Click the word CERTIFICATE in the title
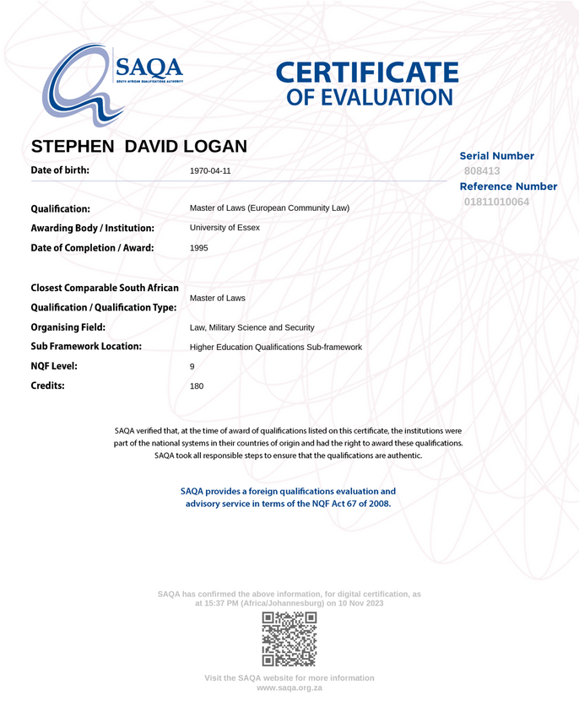pos(367,73)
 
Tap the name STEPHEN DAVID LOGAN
pos(138,146)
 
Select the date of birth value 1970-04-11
pos(210,170)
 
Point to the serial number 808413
pos(482,171)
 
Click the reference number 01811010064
pos(496,202)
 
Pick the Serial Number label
pos(496,156)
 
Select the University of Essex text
pos(225,228)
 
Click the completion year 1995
pos(199,248)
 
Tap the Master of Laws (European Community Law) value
pos(269,208)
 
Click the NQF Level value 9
pos(192,367)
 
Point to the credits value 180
pos(197,386)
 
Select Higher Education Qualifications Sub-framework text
pos(276,347)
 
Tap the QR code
pos(289,639)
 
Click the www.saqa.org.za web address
pos(289,688)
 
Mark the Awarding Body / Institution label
pos(92,228)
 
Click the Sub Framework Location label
pos(85,347)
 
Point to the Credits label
pos(47,385)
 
